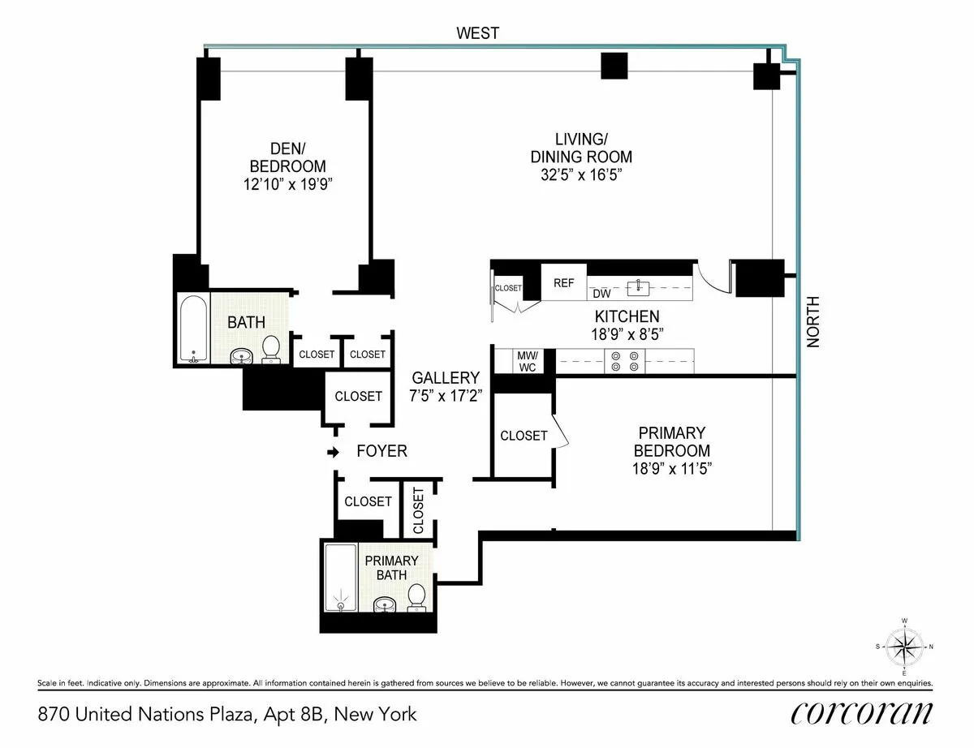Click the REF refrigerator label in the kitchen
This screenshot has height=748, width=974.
point(563,283)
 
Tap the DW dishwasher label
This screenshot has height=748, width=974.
point(601,294)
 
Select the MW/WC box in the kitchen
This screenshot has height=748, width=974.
point(527,361)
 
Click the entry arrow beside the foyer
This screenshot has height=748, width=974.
point(332,451)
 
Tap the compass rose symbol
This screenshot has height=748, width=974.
point(905,647)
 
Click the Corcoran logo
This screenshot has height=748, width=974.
point(861,713)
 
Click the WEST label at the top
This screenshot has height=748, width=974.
point(478,33)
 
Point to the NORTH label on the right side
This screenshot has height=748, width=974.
point(813,322)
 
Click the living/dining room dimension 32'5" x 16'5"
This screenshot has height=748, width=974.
point(581,174)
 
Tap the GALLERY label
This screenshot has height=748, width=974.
point(446,378)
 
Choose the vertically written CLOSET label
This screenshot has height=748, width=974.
point(418,510)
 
